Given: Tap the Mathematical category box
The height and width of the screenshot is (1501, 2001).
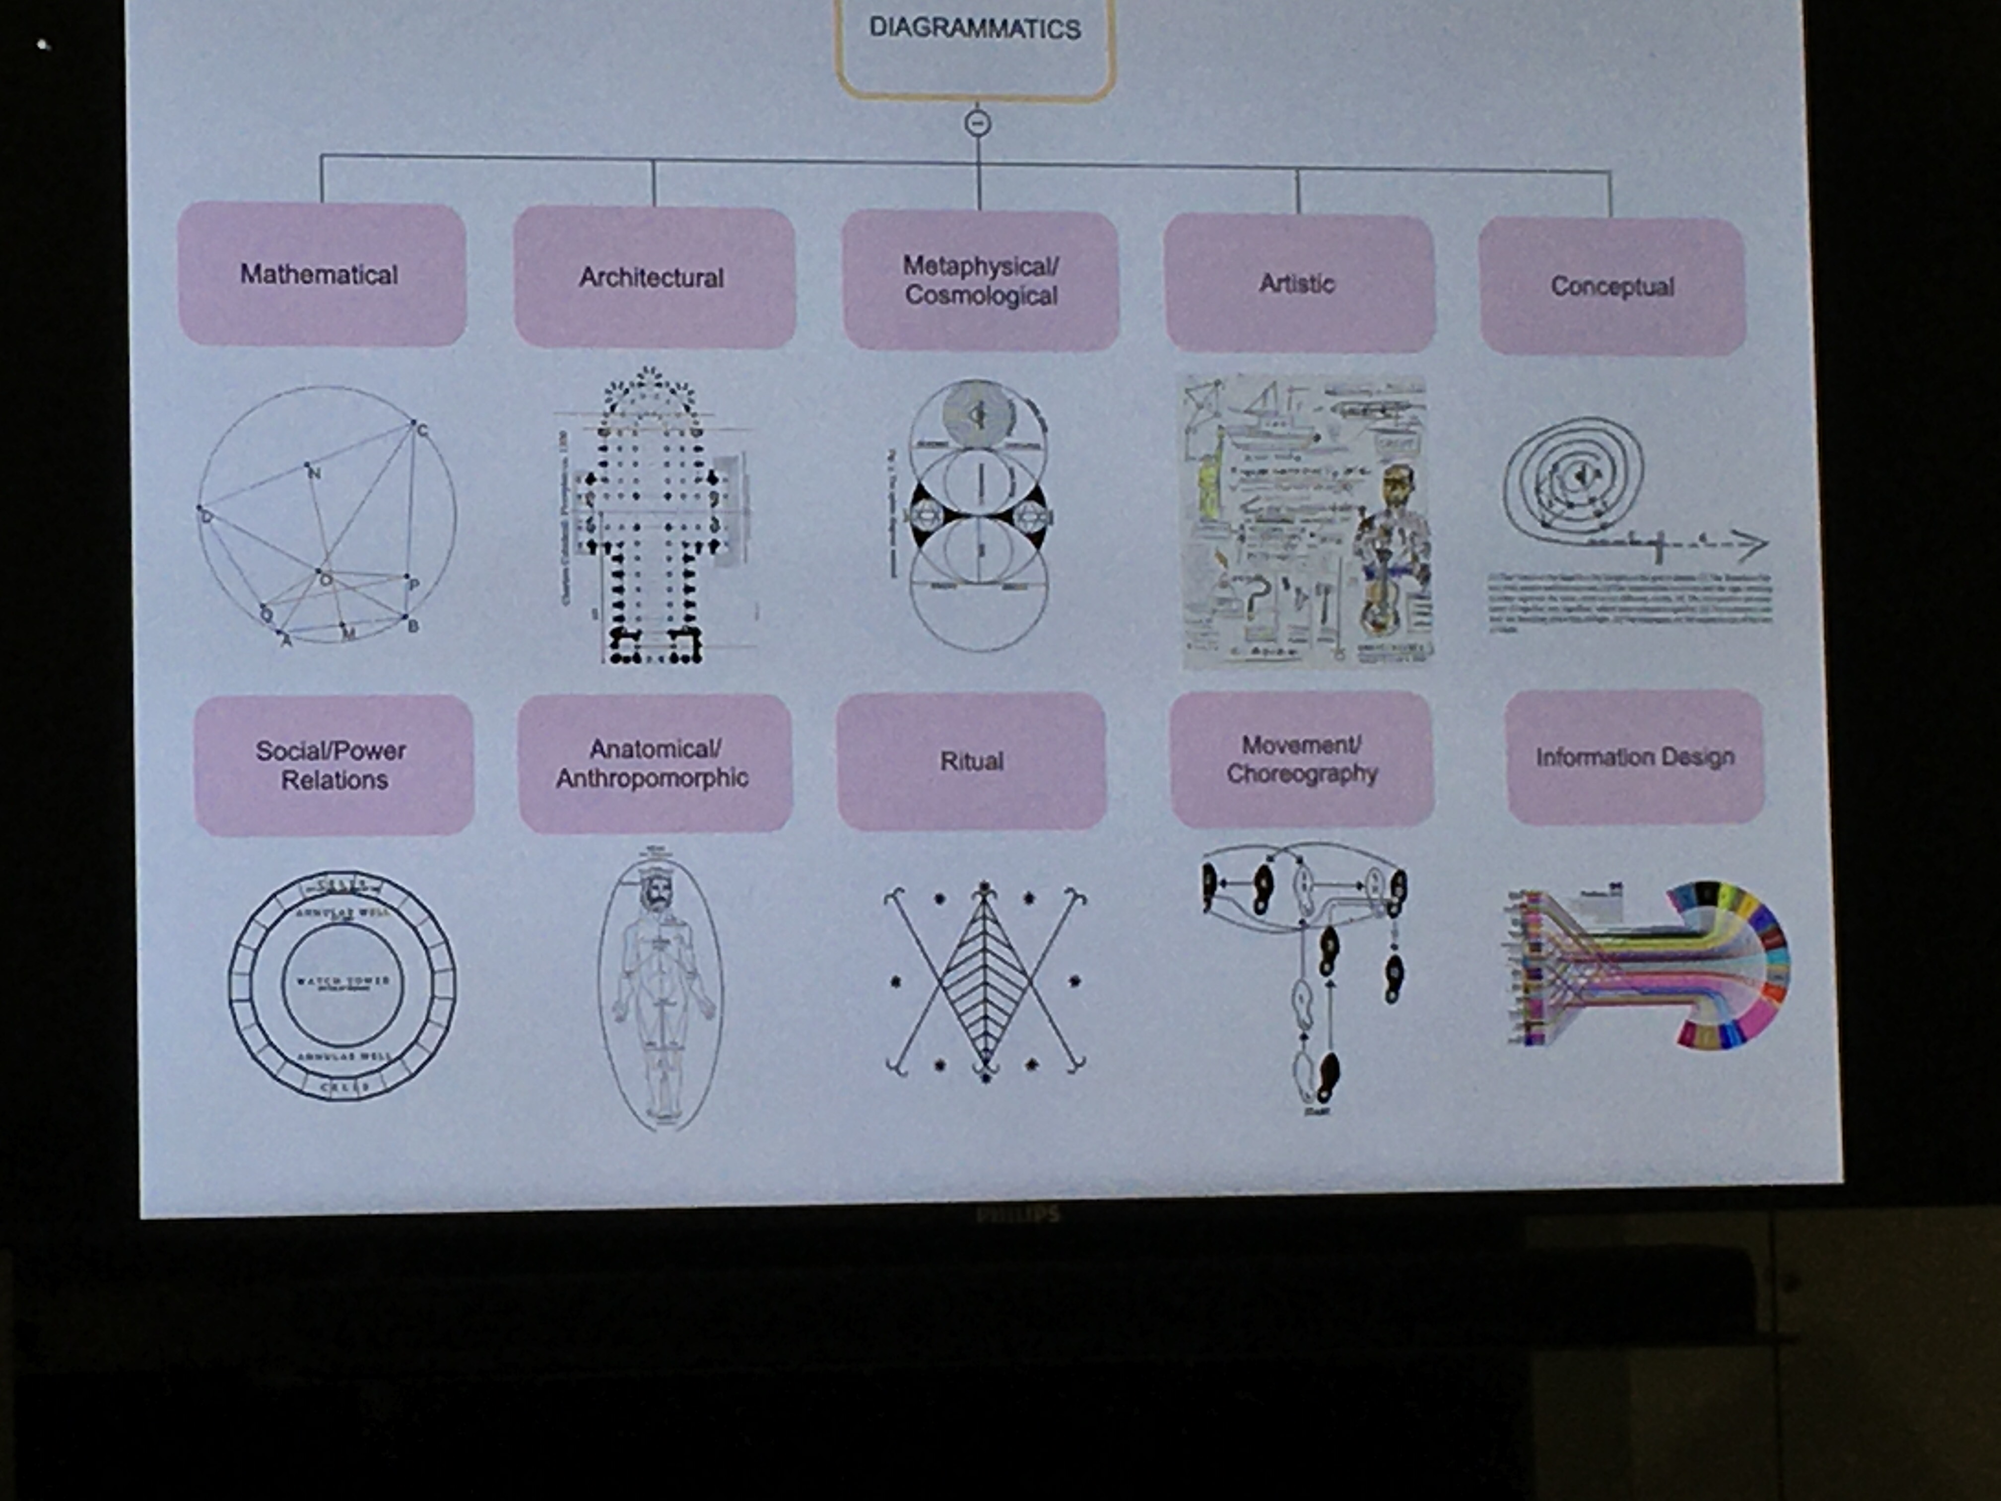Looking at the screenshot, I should [321, 274].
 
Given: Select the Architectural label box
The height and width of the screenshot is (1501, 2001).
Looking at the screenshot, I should [653, 278].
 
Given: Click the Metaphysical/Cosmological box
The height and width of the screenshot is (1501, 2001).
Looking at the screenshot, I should [981, 280].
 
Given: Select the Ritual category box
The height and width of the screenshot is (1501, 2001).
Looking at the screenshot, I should [972, 761].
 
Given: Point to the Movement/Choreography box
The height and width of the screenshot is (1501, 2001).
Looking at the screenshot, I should [1302, 759].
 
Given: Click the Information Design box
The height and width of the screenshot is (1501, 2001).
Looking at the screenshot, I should [1635, 757].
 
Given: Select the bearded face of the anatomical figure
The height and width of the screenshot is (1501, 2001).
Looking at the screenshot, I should [653, 896].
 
